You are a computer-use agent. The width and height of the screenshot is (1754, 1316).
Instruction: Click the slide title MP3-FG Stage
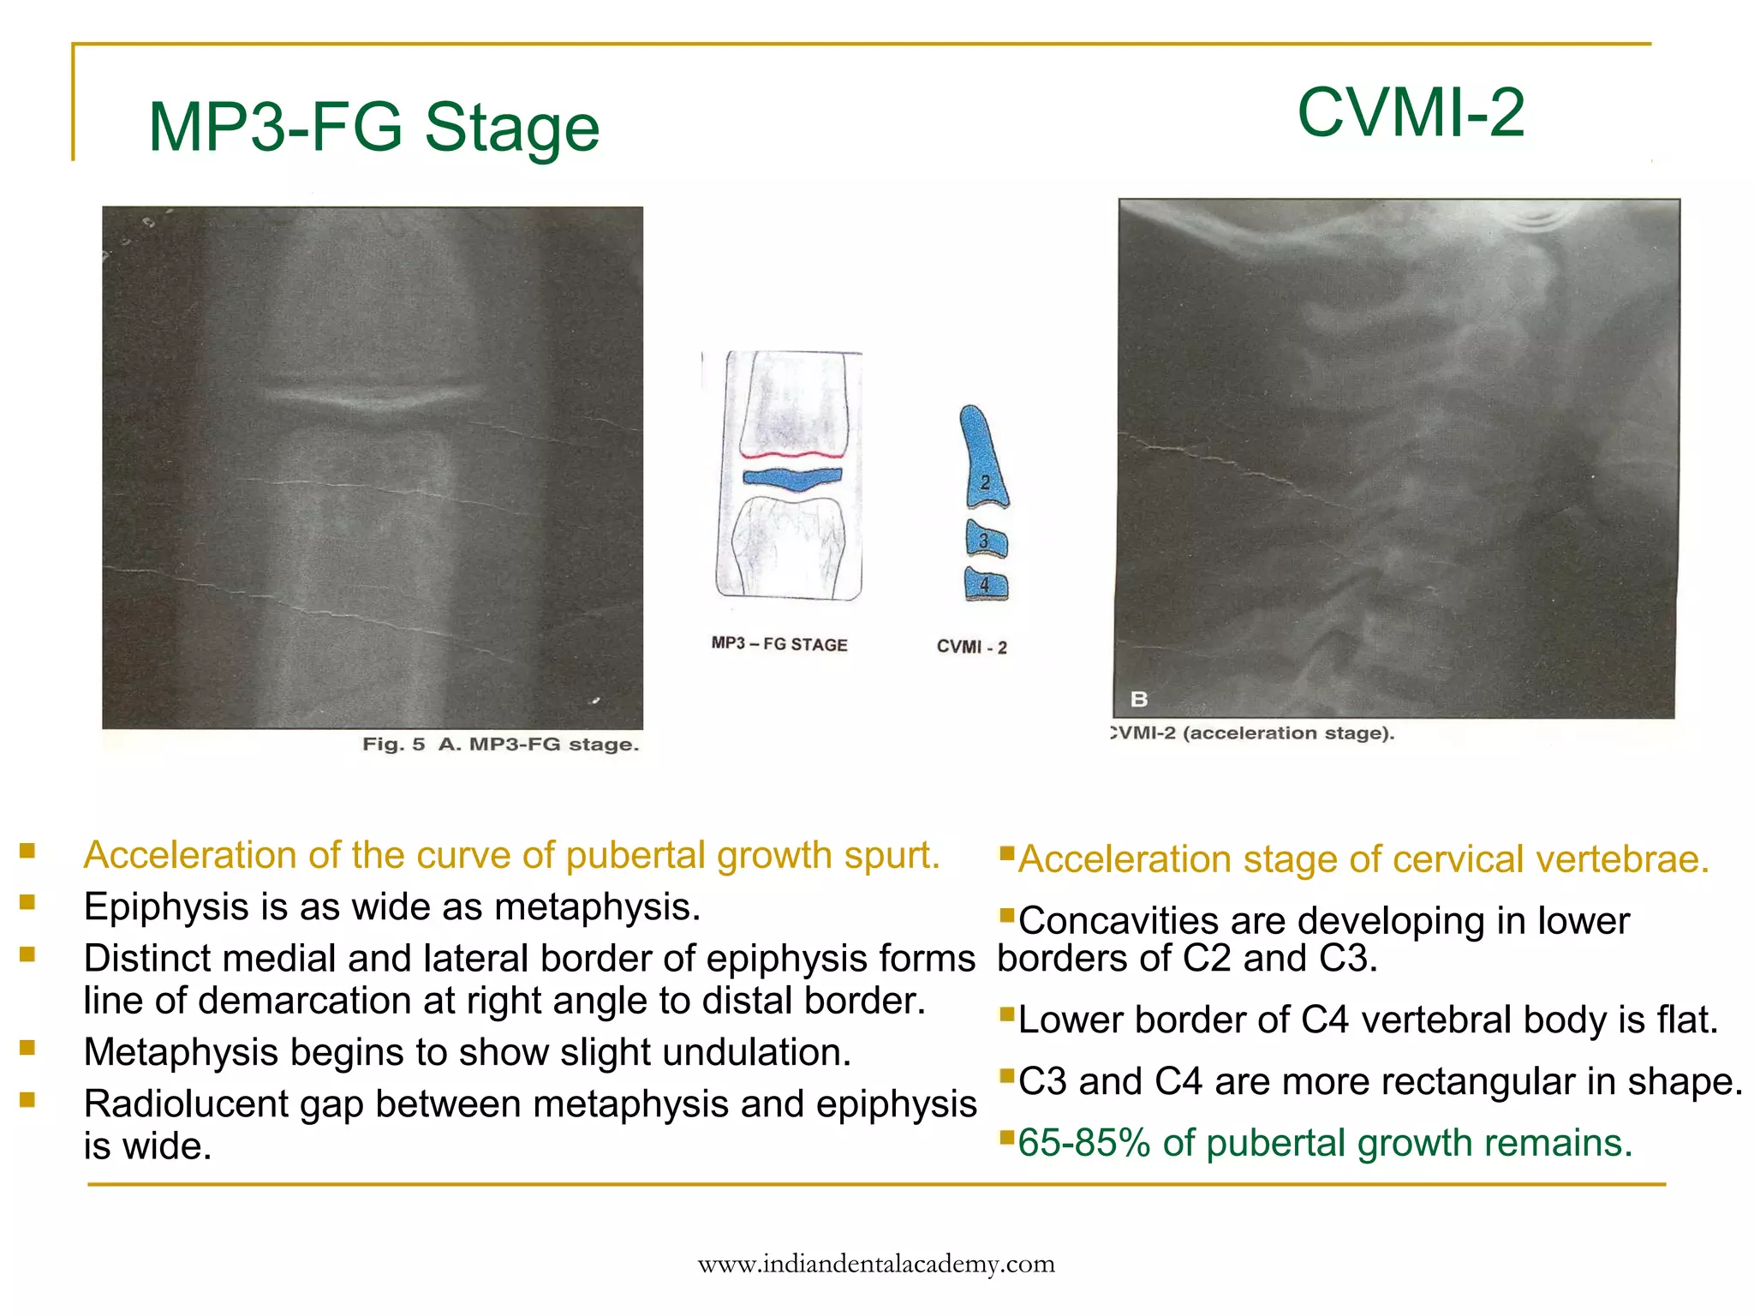(373, 129)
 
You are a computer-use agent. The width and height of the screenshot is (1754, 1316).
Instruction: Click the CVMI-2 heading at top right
(1411, 112)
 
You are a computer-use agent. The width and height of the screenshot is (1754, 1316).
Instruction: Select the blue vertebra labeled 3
(986, 540)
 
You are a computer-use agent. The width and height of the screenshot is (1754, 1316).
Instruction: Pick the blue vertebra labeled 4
(986, 584)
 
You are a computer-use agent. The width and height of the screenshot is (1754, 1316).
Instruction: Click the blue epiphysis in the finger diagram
(792, 478)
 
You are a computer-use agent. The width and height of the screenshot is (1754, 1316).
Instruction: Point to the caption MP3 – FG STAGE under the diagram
(779, 643)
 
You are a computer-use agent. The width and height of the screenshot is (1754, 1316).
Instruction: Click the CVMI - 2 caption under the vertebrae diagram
(971, 647)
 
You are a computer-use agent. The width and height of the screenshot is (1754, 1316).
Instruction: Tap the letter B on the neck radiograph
(1138, 699)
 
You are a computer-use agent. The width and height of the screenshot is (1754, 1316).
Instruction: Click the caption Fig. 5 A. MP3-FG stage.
(500, 744)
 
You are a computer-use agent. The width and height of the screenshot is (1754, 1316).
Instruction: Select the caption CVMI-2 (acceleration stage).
(1252, 733)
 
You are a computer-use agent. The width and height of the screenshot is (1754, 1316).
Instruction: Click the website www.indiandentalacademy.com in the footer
(876, 1264)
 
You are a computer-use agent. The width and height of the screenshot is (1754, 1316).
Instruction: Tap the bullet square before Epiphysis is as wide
(27, 901)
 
